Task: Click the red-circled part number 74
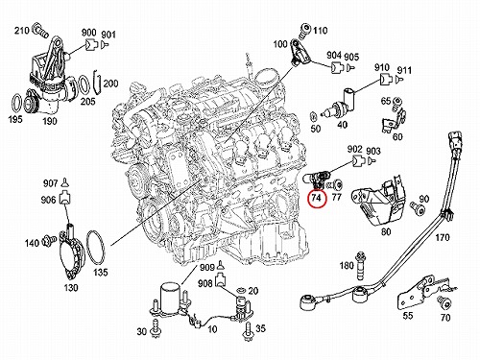point(316,198)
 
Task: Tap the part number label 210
point(22,31)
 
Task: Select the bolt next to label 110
point(303,30)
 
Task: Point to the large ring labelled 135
point(95,248)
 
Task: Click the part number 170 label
point(443,237)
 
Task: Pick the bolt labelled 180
point(360,265)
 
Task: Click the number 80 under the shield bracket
point(386,231)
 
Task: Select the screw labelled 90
point(419,208)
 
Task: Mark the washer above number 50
point(314,115)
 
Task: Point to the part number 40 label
point(342,124)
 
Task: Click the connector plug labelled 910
point(386,79)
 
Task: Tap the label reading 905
point(351,57)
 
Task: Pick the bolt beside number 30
point(156,327)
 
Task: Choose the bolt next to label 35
point(248,332)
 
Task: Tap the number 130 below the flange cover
point(70,288)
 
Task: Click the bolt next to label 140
point(49,238)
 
